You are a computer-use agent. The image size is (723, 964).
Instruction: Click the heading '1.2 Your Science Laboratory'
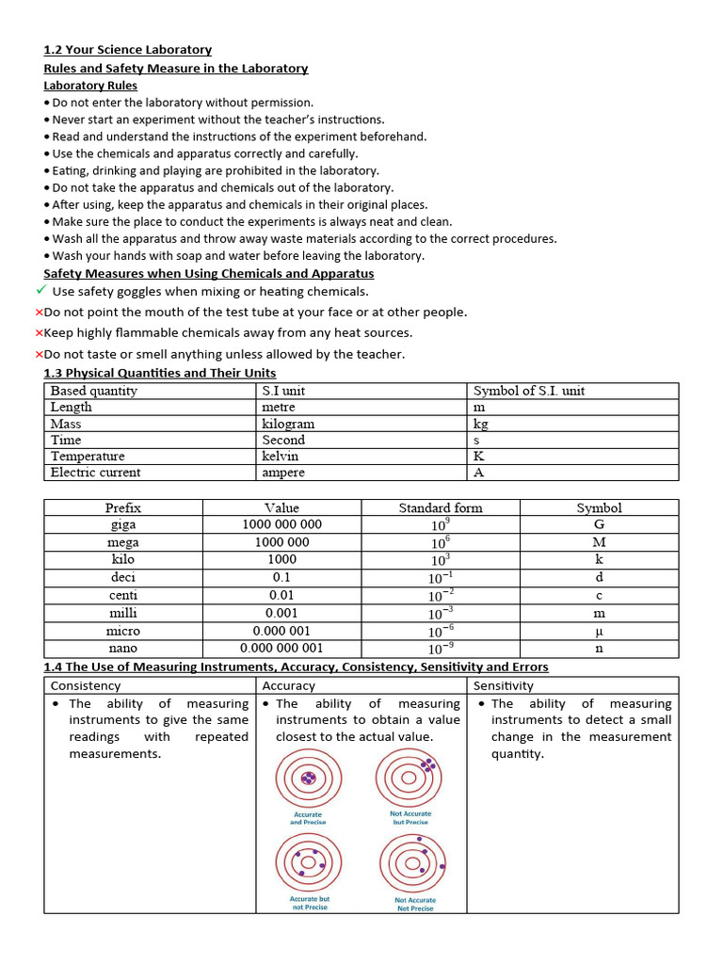127,50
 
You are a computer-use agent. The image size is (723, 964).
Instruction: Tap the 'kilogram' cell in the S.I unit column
288,424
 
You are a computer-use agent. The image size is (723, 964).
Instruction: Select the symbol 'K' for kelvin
479,456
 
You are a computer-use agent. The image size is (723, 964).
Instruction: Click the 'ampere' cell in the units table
282,473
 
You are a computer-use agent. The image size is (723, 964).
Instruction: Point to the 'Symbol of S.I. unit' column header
528,391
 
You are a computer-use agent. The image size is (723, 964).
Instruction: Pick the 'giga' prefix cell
123,524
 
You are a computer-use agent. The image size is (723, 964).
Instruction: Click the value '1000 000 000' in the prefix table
281,524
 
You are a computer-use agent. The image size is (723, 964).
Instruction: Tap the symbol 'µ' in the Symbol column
599,632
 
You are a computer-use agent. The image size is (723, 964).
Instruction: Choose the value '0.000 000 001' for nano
281,649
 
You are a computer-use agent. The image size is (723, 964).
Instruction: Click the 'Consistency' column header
86,686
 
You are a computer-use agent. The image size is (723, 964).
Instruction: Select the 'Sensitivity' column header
503,686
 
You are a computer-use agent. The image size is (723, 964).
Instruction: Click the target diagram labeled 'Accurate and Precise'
307,779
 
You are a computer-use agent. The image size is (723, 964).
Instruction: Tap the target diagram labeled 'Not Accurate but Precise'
410,778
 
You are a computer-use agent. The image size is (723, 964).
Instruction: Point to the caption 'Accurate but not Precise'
309,903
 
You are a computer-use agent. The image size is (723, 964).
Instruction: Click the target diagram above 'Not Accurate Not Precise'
411,862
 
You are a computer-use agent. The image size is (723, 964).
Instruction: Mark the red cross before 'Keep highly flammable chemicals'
39,333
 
